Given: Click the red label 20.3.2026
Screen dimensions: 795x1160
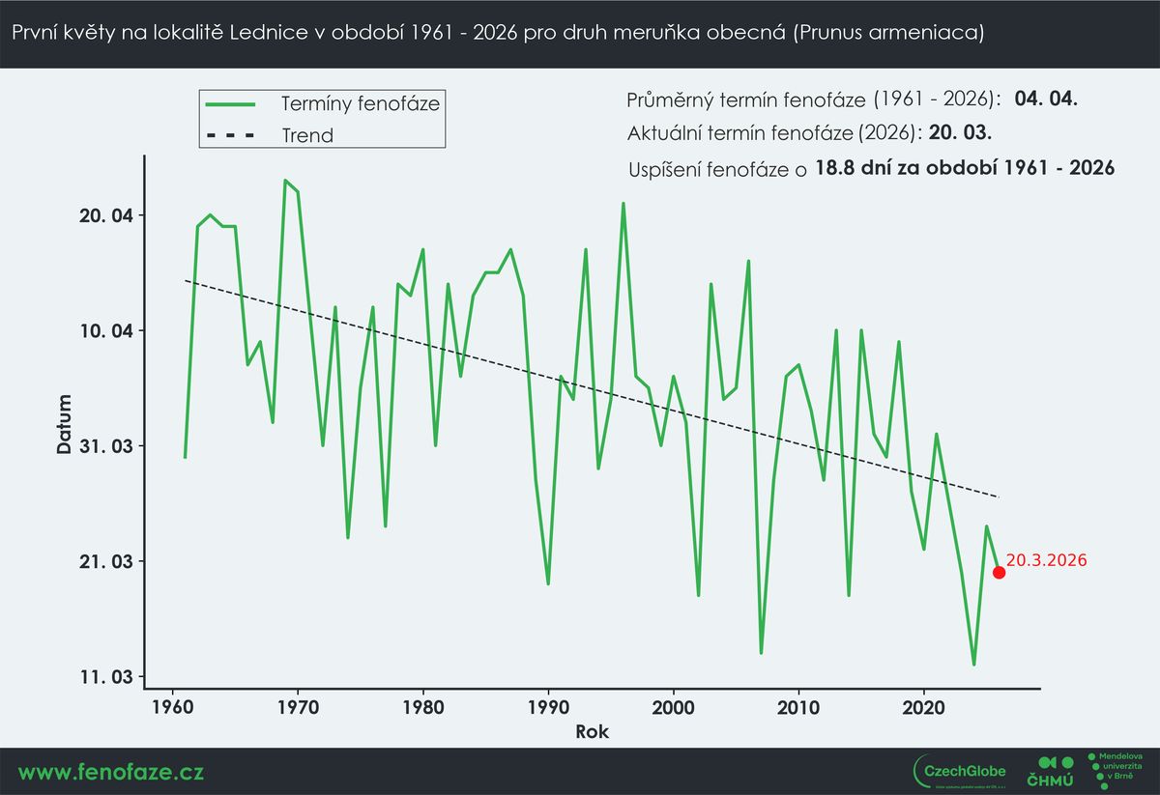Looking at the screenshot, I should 1047,559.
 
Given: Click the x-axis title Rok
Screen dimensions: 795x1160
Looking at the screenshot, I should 592,731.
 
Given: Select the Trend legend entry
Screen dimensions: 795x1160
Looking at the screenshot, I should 307,135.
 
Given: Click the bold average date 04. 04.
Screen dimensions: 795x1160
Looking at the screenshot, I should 1046,99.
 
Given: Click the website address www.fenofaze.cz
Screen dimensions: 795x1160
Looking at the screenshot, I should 111,772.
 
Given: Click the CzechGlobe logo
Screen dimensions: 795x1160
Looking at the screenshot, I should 960,770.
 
